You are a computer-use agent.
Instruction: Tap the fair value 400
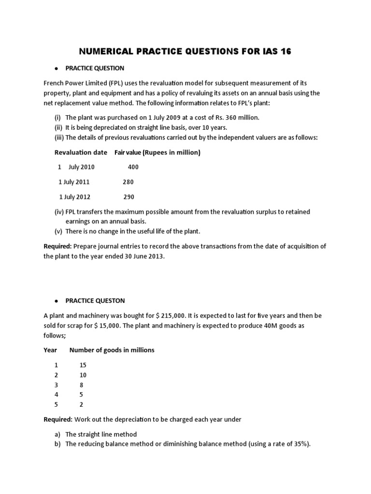(x=133, y=167)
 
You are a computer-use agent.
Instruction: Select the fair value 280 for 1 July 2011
(x=128, y=182)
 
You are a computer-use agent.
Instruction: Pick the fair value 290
(x=128, y=197)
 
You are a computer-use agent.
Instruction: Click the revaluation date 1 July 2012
(x=74, y=197)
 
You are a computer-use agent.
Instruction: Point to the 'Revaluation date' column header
(x=81, y=152)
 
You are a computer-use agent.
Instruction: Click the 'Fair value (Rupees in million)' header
(x=157, y=152)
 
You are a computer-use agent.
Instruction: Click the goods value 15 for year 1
(x=83, y=365)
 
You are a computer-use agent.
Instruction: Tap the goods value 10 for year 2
(x=83, y=375)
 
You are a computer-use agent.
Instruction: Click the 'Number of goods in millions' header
(x=112, y=350)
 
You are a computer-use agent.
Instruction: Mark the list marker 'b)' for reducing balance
(x=57, y=444)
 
